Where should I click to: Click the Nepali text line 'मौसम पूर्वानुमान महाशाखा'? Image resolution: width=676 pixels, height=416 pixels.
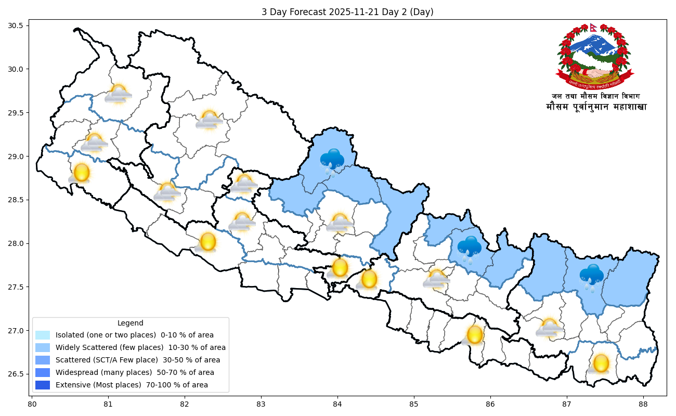pyautogui.click(x=596, y=107)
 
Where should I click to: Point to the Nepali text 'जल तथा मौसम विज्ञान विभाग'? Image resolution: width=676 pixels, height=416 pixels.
pyautogui.click(x=596, y=96)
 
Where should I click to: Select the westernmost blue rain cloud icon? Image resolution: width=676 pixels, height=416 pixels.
pyautogui.click(x=332, y=160)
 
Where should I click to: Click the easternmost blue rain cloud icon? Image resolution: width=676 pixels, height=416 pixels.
pyautogui.click(x=592, y=276)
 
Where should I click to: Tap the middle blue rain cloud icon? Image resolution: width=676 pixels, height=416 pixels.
pyautogui.click(x=470, y=248)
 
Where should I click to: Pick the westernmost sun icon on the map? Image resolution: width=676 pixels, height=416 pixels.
pyautogui.click(x=81, y=173)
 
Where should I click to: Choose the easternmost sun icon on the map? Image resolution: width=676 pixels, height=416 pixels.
pyautogui.click(x=601, y=363)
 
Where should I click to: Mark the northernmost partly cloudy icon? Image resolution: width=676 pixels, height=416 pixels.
pyautogui.click(x=118, y=94)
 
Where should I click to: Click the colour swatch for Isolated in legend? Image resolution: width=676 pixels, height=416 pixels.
pyautogui.click(x=43, y=335)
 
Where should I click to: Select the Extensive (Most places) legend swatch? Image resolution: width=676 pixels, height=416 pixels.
pyautogui.click(x=43, y=385)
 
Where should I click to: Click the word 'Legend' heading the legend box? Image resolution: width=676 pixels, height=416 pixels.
pyautogui.click(x=130, y=323)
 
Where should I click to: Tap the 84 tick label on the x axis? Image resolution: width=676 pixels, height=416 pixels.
pyautogui.click(x=337, y=404)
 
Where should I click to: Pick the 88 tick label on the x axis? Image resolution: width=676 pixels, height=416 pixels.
pyautogui.click(x=643, y=404)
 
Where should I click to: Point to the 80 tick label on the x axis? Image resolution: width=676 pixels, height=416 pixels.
pyautogui.click(x=32, y=404)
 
